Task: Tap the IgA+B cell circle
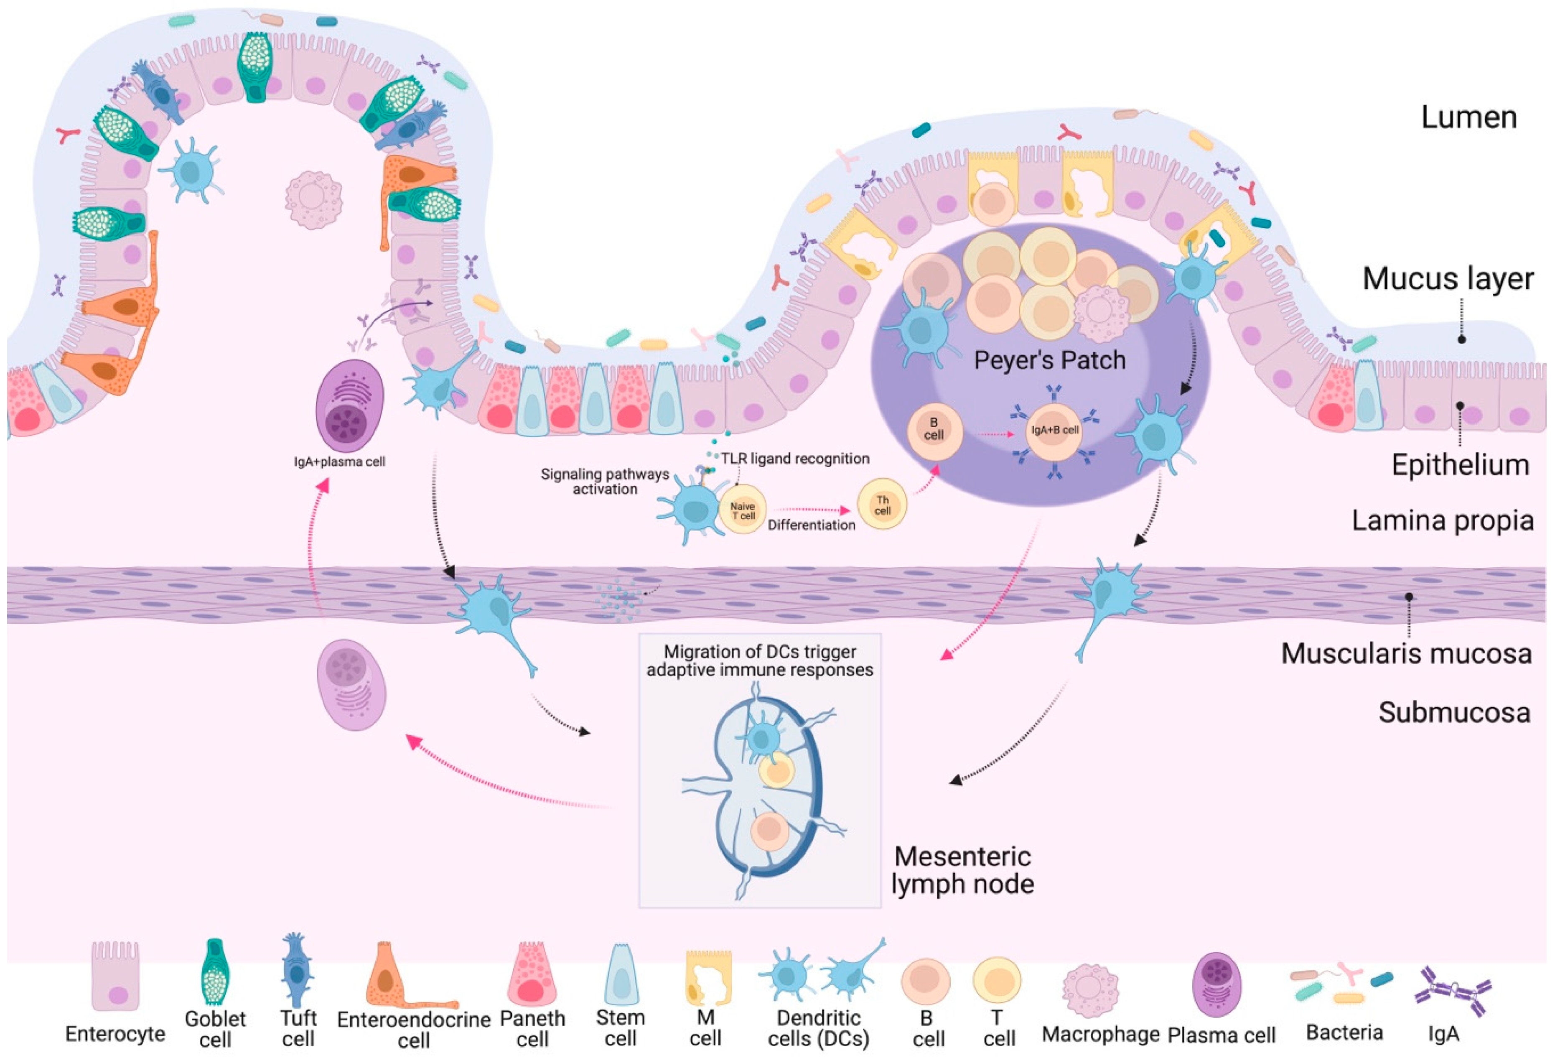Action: [x=1054, y=430]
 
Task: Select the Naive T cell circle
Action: [x=742, y=510]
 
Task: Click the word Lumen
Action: [x=1468, y=118]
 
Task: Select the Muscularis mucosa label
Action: [x=1406, y=653]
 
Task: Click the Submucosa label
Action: [x=1454, y=712]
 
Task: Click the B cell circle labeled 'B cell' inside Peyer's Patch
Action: [x=934, y=430]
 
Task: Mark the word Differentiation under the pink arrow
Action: [x=811, y=525]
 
